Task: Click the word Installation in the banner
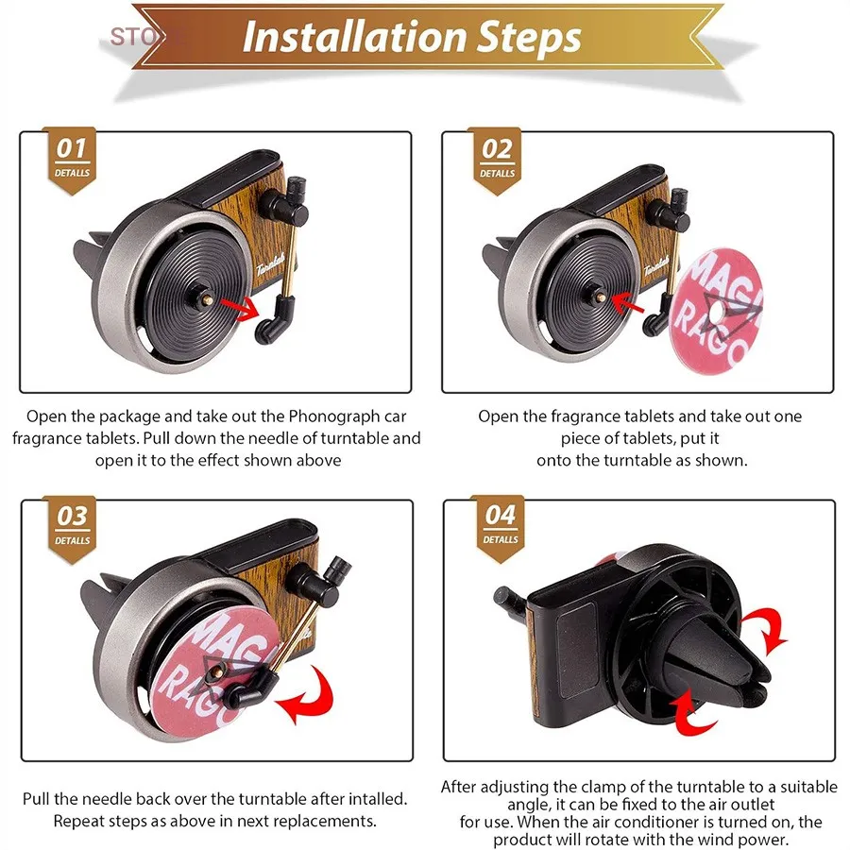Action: point(354,37)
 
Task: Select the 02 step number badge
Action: point(497,160)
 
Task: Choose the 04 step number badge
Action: point(500,527)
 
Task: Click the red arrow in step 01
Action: point(240,307)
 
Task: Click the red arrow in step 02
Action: point(627,303)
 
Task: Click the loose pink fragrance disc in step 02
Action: point(716,310)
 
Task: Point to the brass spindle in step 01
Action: point(208,297)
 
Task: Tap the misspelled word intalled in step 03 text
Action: point(377,798)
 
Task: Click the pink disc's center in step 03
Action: point(215,672)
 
